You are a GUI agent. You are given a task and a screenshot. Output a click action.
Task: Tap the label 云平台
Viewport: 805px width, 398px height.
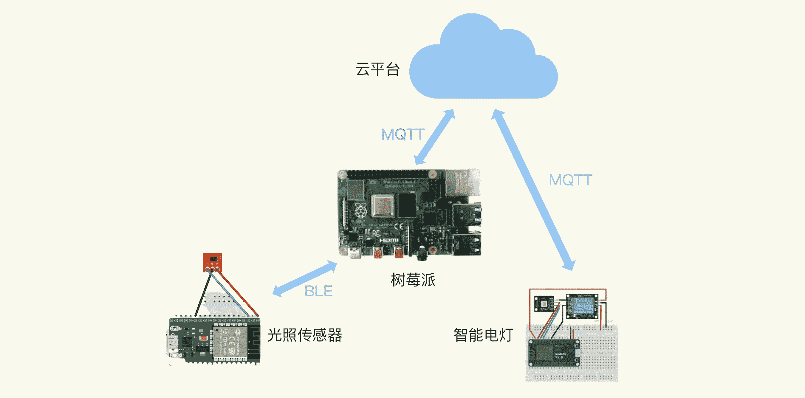377,69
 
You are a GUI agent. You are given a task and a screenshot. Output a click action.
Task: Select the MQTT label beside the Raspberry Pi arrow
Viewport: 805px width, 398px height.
403,135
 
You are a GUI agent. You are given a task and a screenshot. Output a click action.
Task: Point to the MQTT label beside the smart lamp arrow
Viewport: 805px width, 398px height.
570,180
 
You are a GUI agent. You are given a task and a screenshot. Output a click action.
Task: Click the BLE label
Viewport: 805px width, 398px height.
318,291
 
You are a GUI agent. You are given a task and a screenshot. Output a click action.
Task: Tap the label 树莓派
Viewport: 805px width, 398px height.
413,280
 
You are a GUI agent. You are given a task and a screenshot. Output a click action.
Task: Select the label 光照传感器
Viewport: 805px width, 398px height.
305,335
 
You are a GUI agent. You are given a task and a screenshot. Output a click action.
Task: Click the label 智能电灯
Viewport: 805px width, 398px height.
483,335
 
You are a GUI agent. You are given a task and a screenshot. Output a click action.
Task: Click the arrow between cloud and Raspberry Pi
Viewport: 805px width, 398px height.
434,137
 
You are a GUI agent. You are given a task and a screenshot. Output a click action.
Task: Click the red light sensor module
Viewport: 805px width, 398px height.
212,262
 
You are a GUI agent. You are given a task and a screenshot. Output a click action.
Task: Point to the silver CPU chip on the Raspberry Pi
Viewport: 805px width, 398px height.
383,206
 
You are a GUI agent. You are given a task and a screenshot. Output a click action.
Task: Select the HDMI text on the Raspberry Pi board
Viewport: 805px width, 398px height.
389,240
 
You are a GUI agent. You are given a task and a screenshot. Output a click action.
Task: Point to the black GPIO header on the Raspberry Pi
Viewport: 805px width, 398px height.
388,174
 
